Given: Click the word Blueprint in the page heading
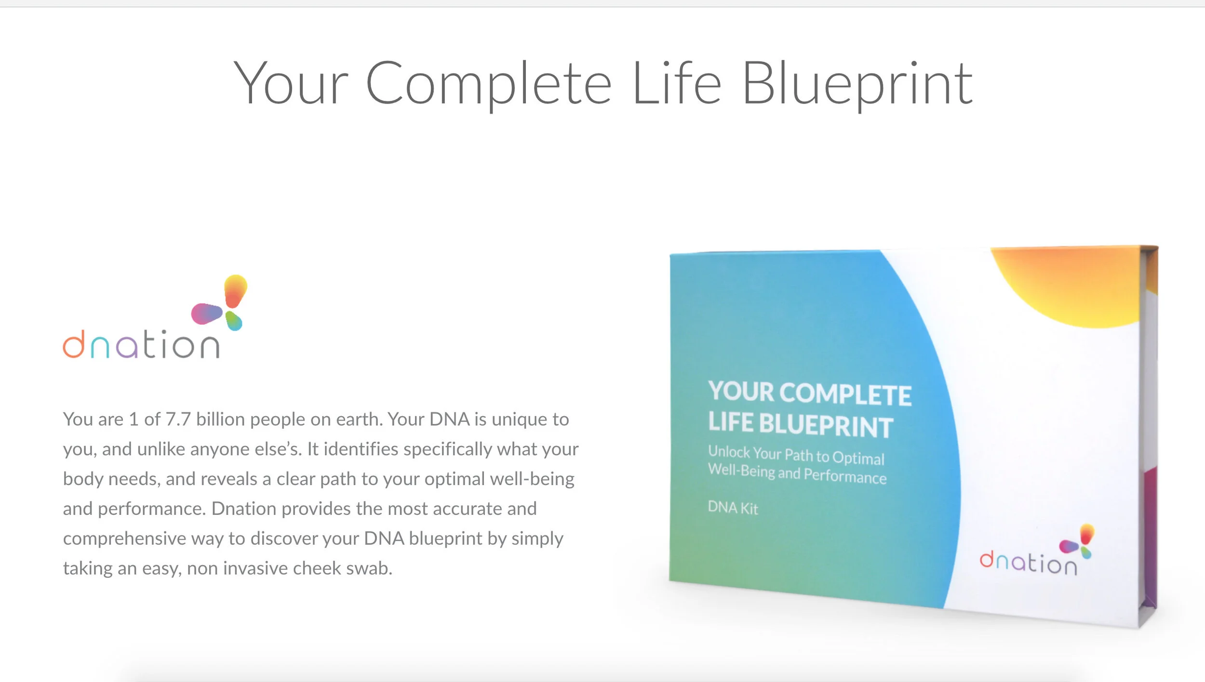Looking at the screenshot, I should coord(858,84).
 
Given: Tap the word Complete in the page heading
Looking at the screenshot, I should coord(489,84).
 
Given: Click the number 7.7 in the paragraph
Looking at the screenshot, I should coord(178,420).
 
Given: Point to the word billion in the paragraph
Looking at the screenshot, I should coord(220,420).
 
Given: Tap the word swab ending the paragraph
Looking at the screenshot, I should coord(369,568).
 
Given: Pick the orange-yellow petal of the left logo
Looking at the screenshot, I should coord(235,290).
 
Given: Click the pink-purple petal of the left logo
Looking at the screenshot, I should coord(206,314).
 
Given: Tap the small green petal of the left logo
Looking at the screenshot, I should coord(234,321).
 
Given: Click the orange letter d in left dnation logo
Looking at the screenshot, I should coord(74,344).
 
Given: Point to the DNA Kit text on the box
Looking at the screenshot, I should coord(733,508).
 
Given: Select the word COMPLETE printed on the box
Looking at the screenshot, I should coord(845,394).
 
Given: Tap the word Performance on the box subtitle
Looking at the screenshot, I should coord(845,476).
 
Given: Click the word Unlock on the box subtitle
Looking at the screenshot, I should coord(729,452).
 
